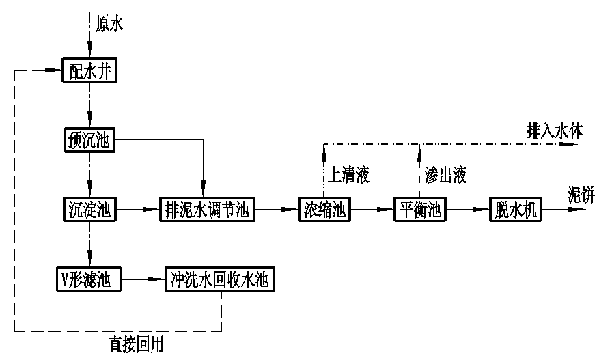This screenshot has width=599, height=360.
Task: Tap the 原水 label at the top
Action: [x=110, y=25]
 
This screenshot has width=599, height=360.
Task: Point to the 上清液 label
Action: [x=348, y=176]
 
